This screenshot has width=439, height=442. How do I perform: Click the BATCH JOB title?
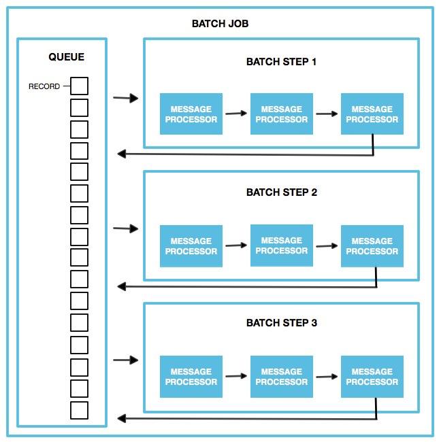(220, 24)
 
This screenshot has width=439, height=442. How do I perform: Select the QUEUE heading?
(67, 57)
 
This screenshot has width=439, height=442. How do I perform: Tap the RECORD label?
(44, 86)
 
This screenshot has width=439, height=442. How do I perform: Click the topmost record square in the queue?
(79, 86)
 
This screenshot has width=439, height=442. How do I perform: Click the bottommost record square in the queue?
(79, 411)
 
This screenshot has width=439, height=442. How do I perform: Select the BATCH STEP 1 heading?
(281, 62)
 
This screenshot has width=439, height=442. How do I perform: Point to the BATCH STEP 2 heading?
(281, 192)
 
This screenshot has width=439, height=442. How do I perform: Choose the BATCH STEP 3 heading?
(281, 323)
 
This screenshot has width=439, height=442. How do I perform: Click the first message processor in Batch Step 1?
(191, 114)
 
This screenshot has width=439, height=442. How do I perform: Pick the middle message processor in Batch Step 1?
(281, 114)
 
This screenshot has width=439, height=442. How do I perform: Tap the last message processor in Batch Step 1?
(372, 114)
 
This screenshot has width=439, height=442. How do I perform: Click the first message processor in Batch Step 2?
(191, 246)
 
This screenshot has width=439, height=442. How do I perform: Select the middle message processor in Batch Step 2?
(281, 245)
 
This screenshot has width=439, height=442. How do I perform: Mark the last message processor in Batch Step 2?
(372, 246)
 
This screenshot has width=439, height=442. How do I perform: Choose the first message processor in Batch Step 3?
(191, 377)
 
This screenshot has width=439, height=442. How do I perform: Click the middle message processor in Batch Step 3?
(281, 377)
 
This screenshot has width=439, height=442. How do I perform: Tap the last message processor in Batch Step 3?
(372, 377)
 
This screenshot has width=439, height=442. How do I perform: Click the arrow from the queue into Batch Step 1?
(126, 99)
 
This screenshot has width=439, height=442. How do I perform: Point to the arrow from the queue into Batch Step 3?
(126, 360)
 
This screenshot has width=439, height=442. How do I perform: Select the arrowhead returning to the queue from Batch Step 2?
(121, 286)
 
